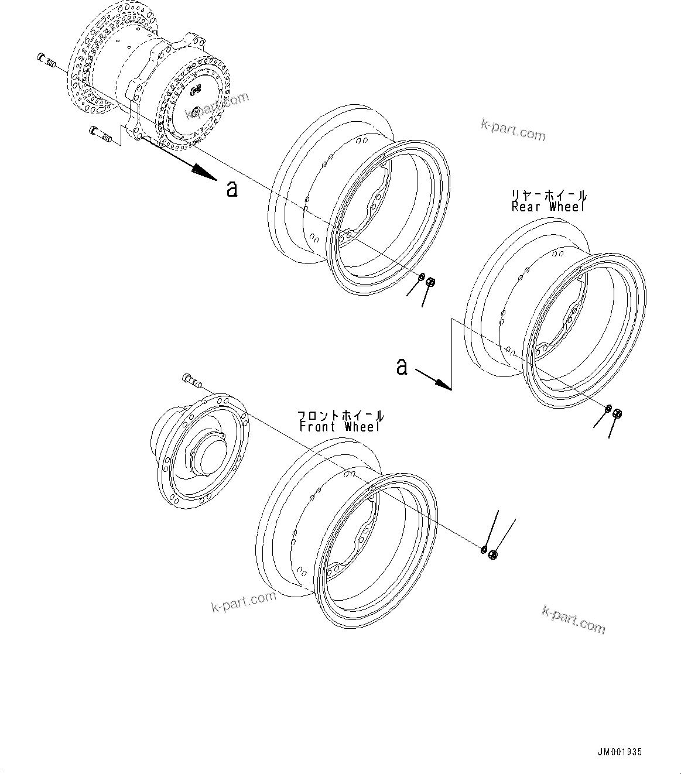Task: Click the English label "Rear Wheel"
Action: pos(548,207)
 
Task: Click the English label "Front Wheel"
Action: pos(340,427)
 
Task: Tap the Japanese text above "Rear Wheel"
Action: pos(549,196)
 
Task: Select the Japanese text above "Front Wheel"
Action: pos(341,416)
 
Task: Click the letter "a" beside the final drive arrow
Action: pos(232,189)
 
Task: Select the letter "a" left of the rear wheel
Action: pos(402,367)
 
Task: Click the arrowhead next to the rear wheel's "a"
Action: pos(443,384)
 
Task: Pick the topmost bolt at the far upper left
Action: pos(45,58)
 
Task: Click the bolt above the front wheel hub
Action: pos(191,381)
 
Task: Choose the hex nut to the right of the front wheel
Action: pos(492,554)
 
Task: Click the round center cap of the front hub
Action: pos(206,454)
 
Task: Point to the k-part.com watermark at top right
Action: pos(512,130)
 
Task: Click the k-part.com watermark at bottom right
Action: pos(573,619)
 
